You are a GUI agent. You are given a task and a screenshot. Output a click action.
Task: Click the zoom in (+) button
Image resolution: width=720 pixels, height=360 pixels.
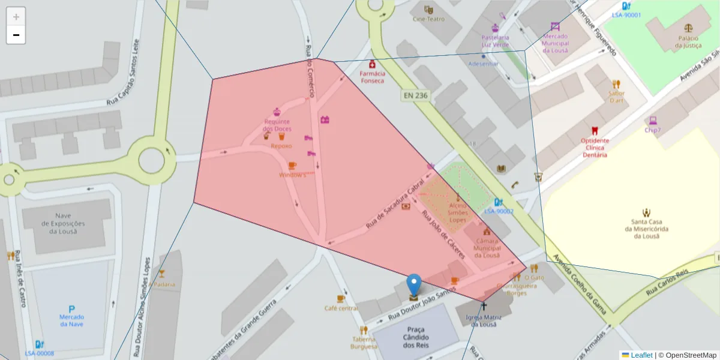16,17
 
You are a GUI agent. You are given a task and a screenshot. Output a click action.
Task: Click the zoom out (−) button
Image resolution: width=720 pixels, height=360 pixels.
16,35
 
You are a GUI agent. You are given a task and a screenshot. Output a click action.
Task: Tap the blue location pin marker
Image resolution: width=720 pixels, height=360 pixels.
414,286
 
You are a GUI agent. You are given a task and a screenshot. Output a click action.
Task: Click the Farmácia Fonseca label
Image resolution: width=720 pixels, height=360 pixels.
372,77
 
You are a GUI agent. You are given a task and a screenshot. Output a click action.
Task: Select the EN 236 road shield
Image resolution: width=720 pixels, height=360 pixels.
415,95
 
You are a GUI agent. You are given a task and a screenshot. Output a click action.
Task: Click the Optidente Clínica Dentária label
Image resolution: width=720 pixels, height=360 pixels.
595,148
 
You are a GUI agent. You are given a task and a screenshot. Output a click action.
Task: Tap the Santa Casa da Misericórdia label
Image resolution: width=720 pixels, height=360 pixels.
646,229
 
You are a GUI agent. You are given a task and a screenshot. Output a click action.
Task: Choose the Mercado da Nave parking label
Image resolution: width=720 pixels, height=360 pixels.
72,320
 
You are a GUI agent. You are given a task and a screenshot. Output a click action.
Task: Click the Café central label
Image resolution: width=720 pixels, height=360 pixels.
341,308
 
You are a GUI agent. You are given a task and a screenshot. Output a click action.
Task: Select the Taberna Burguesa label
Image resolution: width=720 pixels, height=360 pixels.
364,343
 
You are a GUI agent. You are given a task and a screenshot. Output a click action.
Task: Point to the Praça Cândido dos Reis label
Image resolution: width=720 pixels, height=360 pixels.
416,337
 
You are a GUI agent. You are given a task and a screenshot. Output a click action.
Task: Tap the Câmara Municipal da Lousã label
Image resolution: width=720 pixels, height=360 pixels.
487,248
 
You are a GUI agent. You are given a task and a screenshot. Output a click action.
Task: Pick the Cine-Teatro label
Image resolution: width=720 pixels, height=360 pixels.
428,19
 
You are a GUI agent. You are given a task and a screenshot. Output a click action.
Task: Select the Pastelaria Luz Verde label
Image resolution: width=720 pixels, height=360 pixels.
495,41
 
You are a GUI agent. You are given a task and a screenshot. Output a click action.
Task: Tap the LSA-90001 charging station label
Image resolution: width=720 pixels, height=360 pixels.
626,15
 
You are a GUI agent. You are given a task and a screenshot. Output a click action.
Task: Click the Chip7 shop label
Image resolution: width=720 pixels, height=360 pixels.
653,130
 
